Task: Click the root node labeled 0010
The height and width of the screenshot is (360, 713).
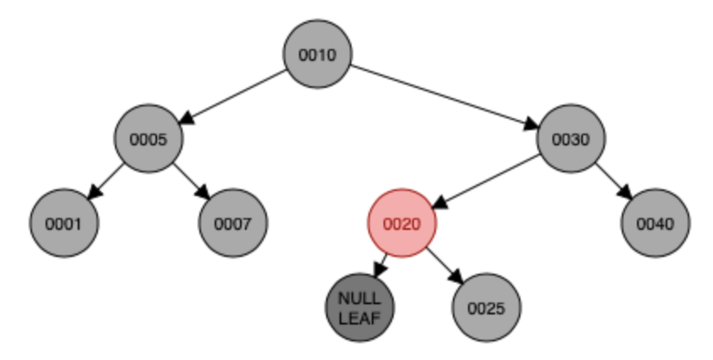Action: tap(318, 55)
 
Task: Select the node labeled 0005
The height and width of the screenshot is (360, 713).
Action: tap(149, 139)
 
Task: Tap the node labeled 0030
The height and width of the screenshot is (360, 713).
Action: tap(571, 139)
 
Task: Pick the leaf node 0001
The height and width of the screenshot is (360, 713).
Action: tap(64, 224)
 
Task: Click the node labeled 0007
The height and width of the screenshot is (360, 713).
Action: tap(233, 224)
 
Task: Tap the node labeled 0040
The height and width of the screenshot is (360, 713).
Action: tap(656, 224)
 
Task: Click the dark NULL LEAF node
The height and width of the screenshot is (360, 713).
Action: tap(360, 308)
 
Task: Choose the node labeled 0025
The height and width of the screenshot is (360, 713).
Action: tap(487, 308)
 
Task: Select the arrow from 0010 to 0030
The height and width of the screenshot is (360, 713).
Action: tap(444, 97)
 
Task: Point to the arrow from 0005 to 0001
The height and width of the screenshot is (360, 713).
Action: tap(106, 182)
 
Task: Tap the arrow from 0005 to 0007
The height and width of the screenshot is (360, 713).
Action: tap(191, 182)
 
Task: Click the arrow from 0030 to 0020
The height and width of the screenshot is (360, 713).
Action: tap(487, 182)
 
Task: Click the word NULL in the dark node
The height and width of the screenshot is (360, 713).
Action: tap(360, 300)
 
